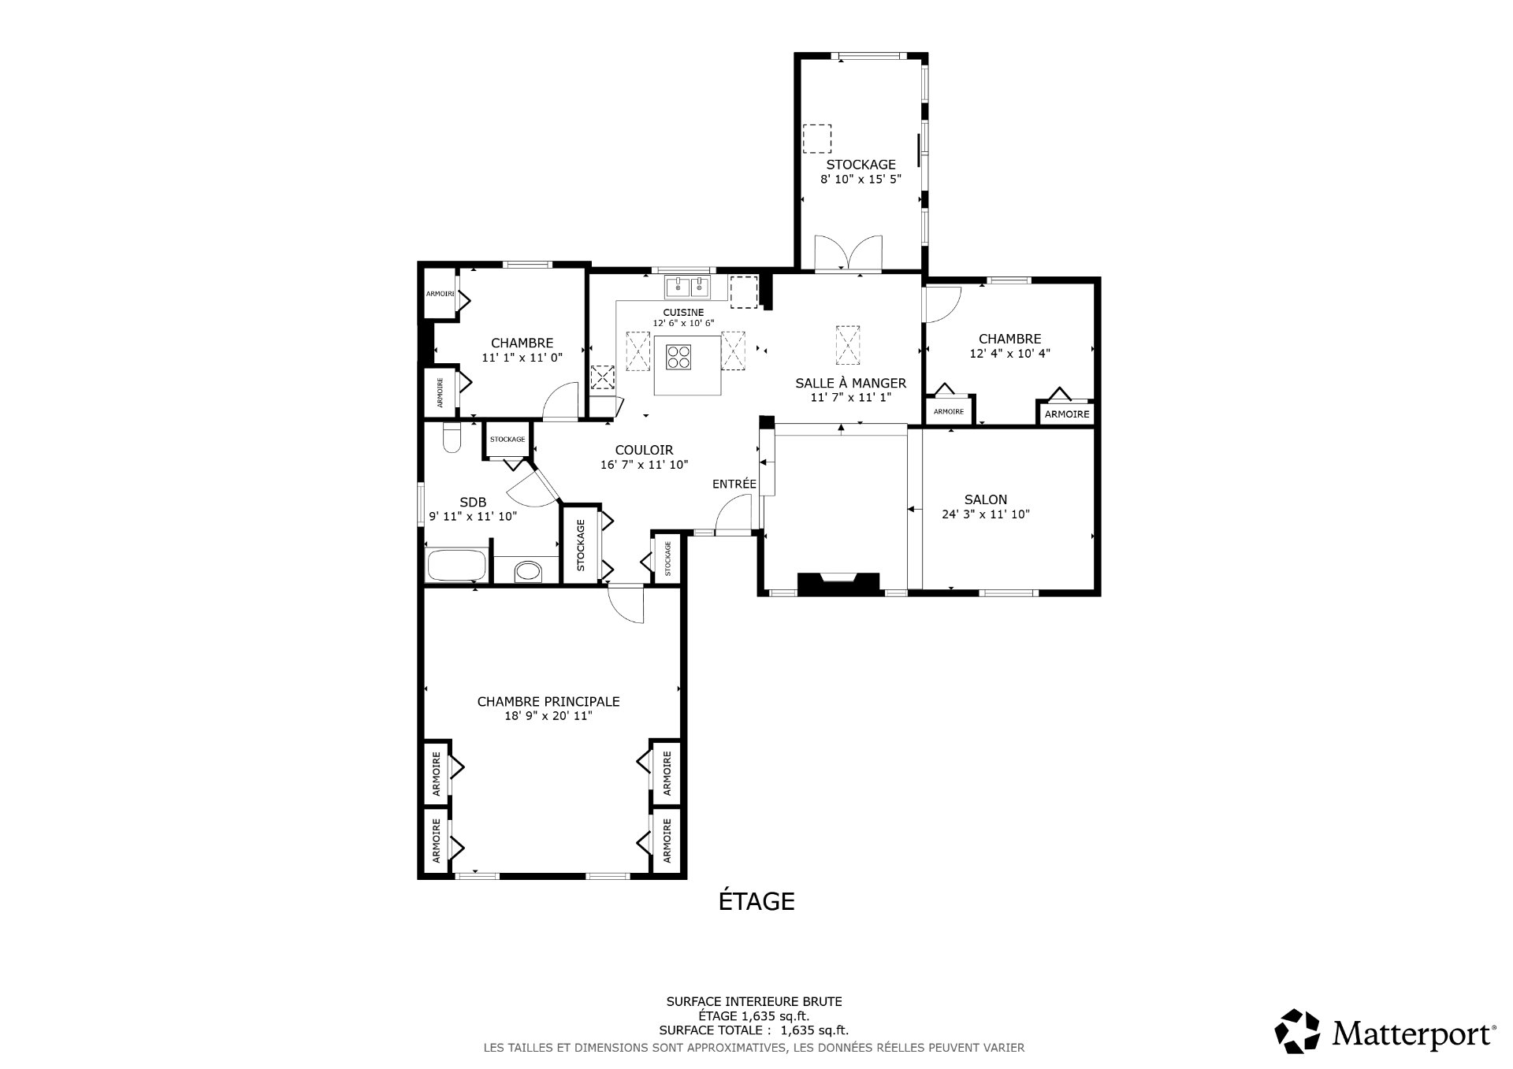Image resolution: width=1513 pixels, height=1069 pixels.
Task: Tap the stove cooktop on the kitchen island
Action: point(679,357)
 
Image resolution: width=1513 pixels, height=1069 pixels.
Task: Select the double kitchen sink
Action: point(687,288)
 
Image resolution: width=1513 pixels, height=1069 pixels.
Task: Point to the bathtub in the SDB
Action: point(456,566)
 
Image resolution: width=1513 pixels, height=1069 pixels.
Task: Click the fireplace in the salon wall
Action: point(838,581)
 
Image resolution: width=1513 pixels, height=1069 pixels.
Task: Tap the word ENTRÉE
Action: point(734,484)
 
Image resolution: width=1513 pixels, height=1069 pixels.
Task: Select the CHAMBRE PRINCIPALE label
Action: point(548,701)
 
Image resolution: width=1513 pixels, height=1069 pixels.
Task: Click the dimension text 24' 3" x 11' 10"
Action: point(986,514)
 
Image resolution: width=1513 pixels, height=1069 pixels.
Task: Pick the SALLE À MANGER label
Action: point(850,383)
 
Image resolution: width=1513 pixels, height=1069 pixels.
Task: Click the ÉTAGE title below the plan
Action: point(756,901)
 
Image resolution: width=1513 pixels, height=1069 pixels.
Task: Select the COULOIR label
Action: point(644,451)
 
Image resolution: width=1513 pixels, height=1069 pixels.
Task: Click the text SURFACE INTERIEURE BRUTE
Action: point(753,1002)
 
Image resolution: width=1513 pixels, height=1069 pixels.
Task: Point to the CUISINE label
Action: point(683,313)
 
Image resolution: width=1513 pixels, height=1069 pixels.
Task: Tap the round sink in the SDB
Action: point(527,570)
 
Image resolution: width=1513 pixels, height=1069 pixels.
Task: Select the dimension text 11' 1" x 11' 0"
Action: point(522,357)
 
